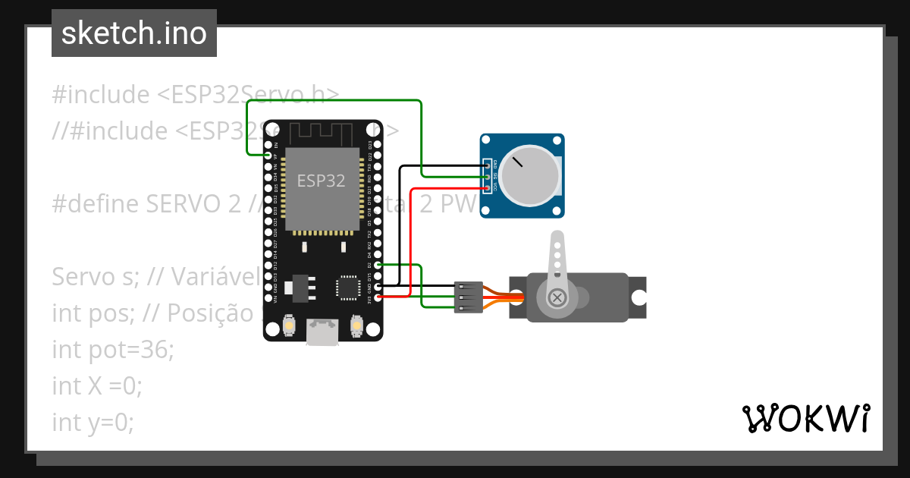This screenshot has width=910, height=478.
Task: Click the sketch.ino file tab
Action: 134,33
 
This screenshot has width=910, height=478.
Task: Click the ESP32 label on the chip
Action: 321,181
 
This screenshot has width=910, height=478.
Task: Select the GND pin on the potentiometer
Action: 487,166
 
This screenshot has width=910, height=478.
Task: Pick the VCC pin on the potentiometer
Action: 487,187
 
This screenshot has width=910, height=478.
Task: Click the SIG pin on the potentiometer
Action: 487,177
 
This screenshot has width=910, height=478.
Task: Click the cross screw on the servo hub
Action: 557,297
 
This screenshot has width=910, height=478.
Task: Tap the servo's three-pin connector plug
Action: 469,297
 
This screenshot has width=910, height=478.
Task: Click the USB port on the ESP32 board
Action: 322,332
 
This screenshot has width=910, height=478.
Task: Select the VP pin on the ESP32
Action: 268,156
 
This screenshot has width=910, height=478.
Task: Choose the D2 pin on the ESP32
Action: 378,265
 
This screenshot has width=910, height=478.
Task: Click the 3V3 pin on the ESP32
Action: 378,297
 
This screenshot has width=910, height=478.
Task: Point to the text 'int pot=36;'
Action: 113,350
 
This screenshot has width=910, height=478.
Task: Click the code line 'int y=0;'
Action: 93,423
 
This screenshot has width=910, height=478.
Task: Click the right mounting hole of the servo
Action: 639,297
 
